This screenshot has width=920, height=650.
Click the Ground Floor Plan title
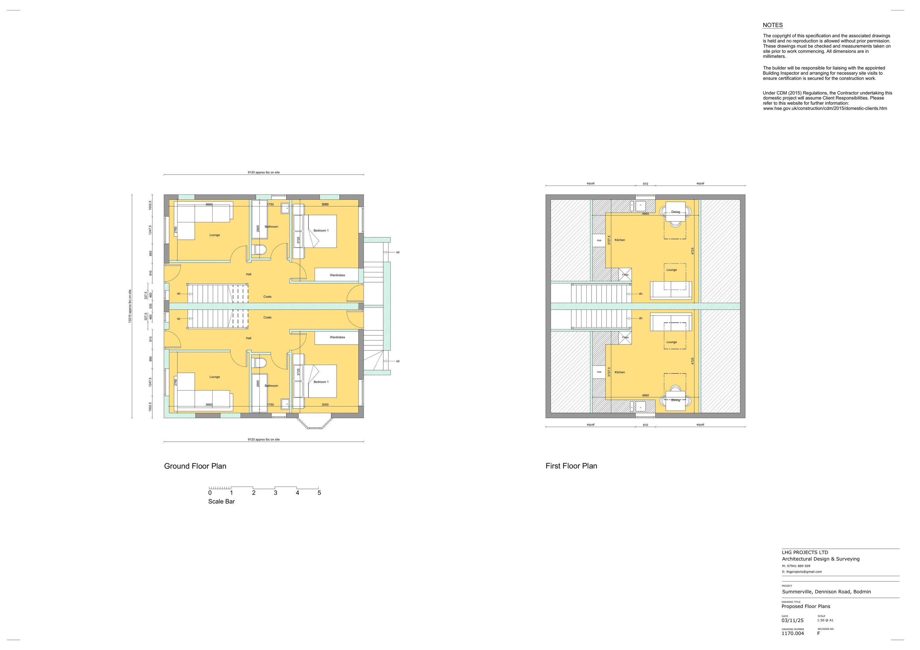(195, 466)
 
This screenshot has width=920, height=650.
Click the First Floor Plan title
(571, 466)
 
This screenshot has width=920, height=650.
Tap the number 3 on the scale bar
(275, 493)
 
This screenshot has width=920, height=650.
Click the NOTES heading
(772, 25)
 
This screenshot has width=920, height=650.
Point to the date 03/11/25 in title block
(792, 620)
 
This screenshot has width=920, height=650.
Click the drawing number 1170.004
(792, 633)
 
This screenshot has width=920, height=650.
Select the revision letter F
(818, 633)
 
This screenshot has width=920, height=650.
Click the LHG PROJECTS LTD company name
(805, 552)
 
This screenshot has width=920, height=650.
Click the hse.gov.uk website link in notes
(825, 109)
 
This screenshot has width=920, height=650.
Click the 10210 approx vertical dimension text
(130, 306)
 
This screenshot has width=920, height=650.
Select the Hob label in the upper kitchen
(599, 240)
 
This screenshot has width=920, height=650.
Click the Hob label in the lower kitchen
(599, 372)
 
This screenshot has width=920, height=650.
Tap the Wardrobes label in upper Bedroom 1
(337, 275)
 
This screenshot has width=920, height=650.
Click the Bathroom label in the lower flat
(271, 386)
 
